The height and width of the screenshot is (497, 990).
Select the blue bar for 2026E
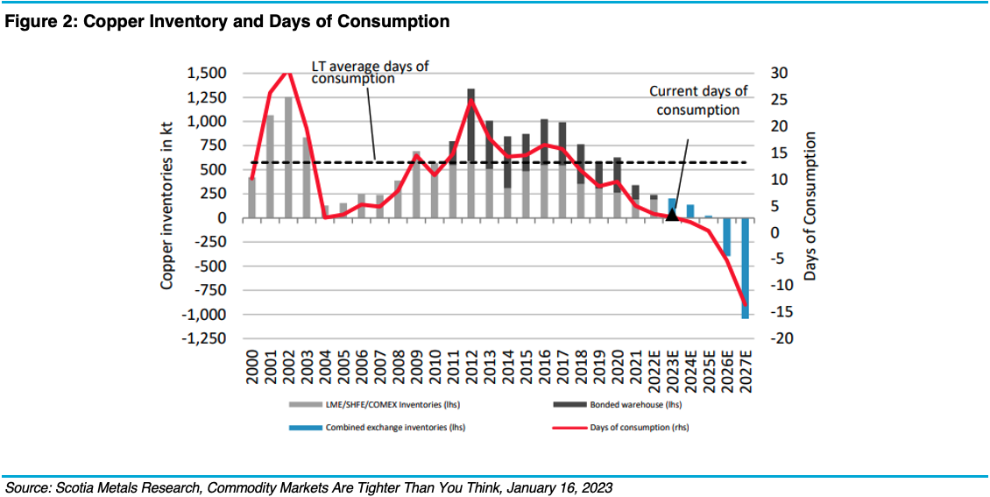pos(726,237)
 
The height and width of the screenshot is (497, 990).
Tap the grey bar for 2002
pos(288,158)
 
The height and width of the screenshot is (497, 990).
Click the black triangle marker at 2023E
pos(672,214)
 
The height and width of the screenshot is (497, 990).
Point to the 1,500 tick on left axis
pos(207,74)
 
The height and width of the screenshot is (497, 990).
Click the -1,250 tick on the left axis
pos(204,338)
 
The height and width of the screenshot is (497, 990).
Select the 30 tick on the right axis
pos(778,74)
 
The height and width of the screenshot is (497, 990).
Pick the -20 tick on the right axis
pos(779,338)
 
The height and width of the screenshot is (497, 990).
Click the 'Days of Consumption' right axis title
pos(810,206)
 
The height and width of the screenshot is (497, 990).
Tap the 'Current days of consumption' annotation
pos(698,100)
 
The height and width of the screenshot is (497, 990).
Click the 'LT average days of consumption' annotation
pos(371,72)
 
